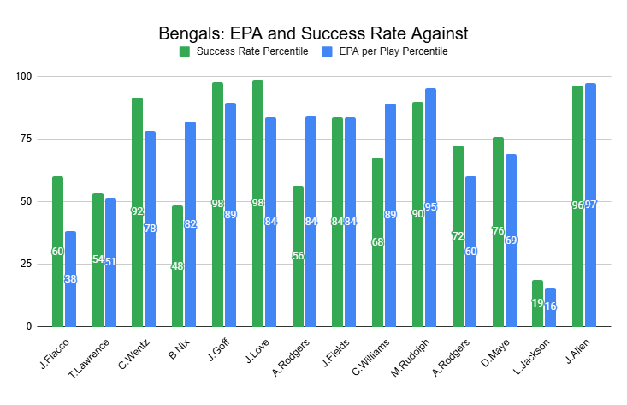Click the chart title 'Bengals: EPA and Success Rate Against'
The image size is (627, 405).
coord(313,34)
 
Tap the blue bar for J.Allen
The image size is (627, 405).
coord(590,205)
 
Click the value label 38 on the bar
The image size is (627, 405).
coord(70,279)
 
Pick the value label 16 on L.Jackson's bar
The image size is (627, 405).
coord(550,307)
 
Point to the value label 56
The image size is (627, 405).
coord(298,256)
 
